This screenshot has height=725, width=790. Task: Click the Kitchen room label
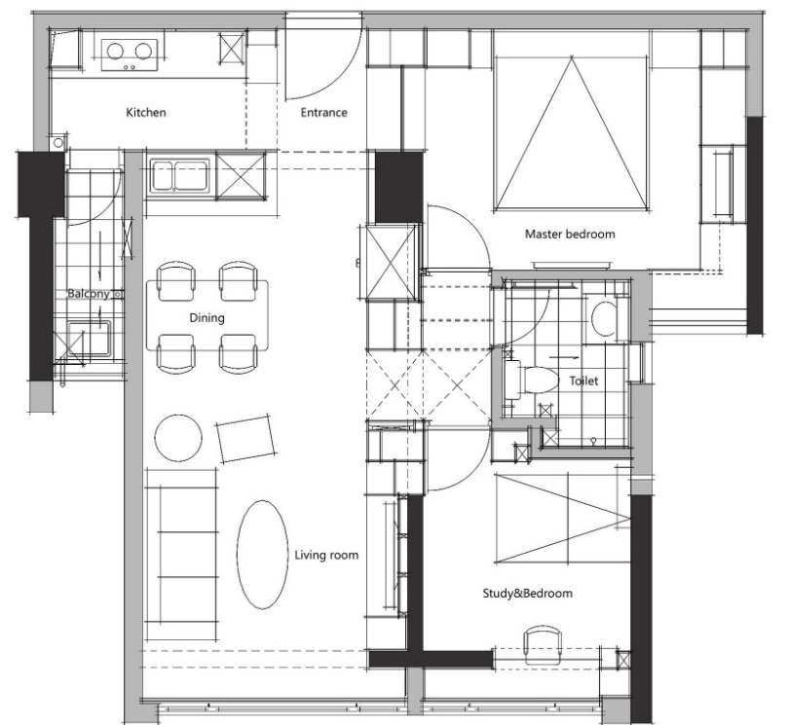pos(145,112)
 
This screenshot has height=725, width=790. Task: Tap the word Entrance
pos(324,112)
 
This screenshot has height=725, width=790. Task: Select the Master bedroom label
pos(570,234)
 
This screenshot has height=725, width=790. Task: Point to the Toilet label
pos(583,381)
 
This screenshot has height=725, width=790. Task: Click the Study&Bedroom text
pos(528,593)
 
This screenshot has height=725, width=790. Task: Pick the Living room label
pos(326,555)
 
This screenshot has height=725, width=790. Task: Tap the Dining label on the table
pos(207,317)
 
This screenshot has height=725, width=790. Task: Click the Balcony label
pos(89,294)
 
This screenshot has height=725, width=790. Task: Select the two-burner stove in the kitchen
pos(130,54)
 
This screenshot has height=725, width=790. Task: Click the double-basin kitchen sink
pos(180,175)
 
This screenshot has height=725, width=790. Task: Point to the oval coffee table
pos(262,555)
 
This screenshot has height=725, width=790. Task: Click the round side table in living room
pos(178,438)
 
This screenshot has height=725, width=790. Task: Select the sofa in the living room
pos(182,555)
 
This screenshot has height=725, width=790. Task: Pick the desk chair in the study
pos(543,646)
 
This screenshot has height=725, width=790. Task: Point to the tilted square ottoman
pos(246,439)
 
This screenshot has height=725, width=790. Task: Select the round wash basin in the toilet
pos(604,318)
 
